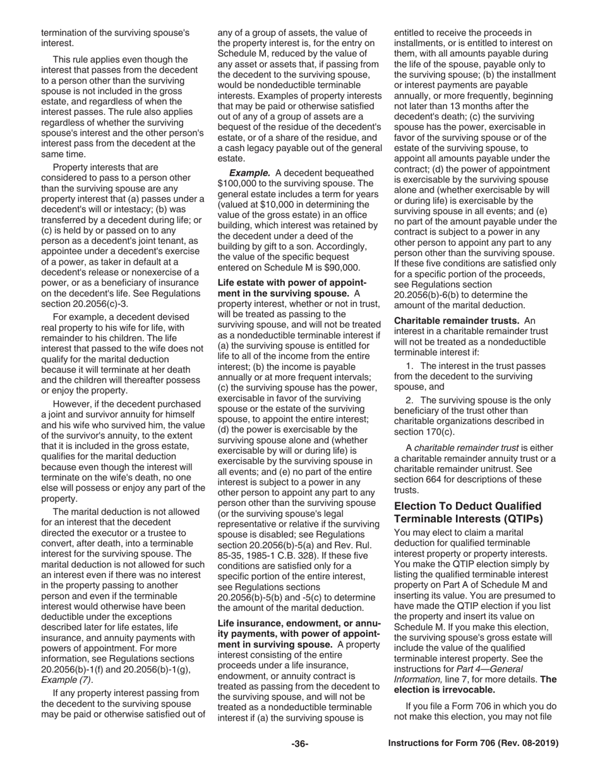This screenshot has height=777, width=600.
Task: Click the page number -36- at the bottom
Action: pos(299,744)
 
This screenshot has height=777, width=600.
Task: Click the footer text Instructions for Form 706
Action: pos(473,744)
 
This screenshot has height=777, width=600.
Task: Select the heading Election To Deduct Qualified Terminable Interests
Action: pos(467,512)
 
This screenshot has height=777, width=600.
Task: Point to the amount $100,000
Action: pos(239,184)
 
